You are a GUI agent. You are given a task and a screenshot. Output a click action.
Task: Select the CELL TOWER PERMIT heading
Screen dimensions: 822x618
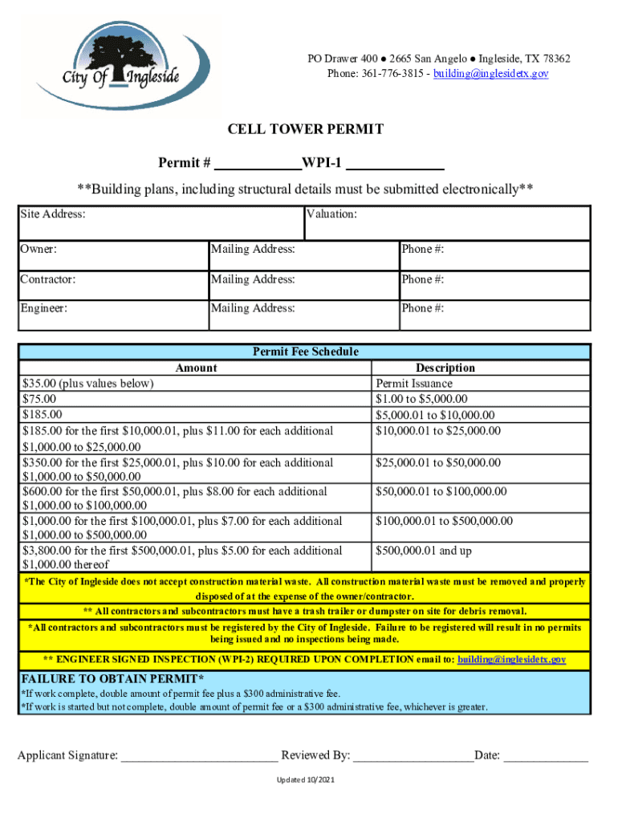tap(306, 129)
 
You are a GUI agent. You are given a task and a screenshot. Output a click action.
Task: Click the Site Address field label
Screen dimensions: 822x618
tap(54, 214)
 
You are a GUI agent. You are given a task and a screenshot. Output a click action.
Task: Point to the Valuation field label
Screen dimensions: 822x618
tap(333, 214)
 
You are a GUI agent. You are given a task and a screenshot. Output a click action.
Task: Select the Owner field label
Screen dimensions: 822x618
tap(39, 250)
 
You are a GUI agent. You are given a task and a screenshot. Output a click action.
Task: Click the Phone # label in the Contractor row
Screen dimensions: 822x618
tap(423, 279)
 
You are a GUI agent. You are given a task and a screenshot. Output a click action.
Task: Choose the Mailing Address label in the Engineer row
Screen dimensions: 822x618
tap(253, 308)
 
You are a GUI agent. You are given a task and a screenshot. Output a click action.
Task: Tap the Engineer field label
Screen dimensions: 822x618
tap(44, 308)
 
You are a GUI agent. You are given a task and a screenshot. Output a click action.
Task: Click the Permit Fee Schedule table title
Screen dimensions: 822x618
tap(306, 352)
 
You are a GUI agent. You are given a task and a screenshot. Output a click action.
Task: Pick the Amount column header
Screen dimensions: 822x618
tap(196, 368)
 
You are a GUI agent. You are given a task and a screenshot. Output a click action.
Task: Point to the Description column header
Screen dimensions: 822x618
tap(445, 368)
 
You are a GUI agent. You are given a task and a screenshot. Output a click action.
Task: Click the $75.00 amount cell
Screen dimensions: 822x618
tap(39, 399)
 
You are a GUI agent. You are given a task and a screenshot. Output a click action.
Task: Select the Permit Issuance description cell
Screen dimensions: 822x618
tap(413, 384)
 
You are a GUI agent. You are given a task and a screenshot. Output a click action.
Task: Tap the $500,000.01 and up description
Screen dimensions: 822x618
tap(425, 551)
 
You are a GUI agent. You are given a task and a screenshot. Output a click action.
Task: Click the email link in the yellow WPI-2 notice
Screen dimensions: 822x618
tap(511, 660)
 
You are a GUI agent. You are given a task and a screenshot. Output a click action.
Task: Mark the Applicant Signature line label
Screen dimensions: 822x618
tap(68, 755)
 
